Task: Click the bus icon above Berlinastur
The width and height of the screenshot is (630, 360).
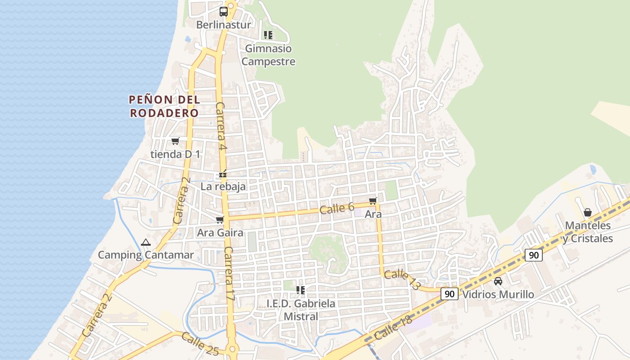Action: tap(224, 11)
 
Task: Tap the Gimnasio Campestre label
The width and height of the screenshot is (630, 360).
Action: tap(268, 55)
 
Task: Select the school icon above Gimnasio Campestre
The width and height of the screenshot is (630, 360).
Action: tap(268, 35)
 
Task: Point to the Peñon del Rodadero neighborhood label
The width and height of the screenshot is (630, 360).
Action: tap(164, 106)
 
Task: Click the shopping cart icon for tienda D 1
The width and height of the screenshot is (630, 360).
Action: tap(175, 141)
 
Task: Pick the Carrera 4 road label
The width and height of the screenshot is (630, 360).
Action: tap(220, 126)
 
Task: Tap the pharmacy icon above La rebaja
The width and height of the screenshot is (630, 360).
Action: tap(223, 173)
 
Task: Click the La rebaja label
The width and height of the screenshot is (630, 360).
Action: tap(223, 186)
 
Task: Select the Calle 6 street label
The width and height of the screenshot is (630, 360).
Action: tap(337, 208)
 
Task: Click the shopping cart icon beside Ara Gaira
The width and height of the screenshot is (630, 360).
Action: tap(220, 220)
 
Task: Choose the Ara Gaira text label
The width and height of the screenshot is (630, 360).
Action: tap(220, 233)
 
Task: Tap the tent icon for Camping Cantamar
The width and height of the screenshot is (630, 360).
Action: tap(145, 243)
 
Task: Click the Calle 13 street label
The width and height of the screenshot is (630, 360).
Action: tap(403, 279)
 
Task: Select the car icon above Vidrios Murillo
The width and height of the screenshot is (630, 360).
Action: tap(498, 281)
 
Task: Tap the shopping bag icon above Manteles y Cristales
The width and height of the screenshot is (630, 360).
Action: tap(588, 212)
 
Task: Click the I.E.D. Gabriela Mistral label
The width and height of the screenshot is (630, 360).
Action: tap(301, 310)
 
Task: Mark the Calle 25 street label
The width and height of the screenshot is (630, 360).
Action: tap(200, 343)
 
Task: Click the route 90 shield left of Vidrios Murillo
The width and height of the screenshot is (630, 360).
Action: tap(449, 294)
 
